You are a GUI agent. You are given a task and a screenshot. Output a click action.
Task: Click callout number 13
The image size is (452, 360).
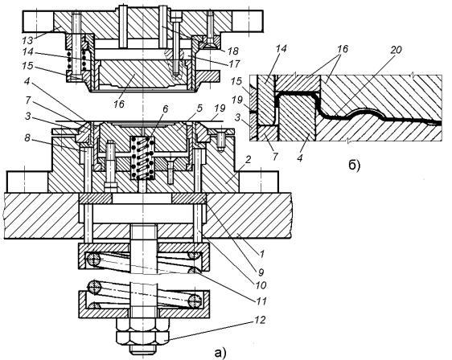pos(29,39)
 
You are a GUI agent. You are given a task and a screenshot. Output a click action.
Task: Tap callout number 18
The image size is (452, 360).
pos(232,51)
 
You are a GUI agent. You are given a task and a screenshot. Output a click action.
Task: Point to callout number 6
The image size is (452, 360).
pos(165,109)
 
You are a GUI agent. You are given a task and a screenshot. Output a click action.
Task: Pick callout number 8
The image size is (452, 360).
pos(27,138)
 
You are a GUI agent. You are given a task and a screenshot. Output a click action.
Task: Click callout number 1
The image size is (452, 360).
pos(261,254)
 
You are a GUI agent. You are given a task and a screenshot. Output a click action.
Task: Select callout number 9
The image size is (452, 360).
pos(261,272)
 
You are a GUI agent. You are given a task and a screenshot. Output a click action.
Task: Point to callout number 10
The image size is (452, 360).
pos(260,285)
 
